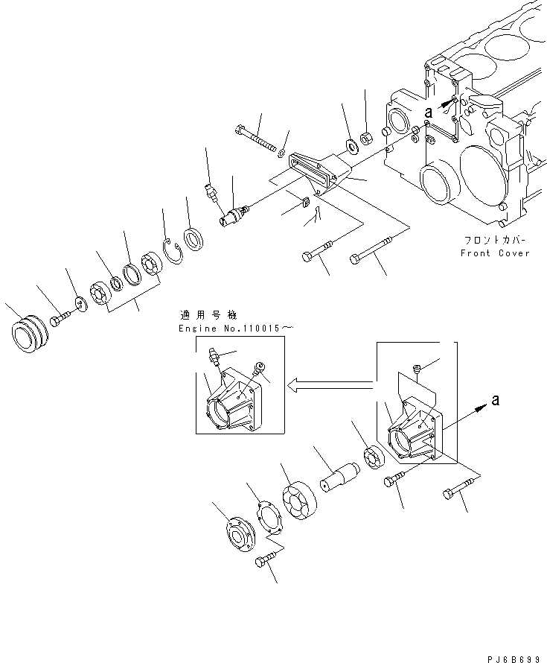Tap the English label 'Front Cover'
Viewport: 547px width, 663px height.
(494, 253)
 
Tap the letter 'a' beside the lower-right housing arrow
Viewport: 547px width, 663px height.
(496, 401)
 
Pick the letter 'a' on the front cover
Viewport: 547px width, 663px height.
(428, 112)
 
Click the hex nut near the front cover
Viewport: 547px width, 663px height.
(366, 138)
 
